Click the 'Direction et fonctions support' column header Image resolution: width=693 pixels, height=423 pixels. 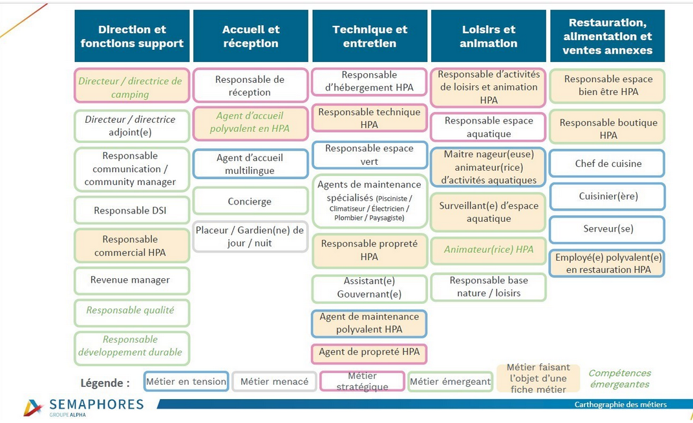(132, 36)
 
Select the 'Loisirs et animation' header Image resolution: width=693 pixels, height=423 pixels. (488, 36)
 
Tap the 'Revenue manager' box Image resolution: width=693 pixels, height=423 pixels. (132, 280)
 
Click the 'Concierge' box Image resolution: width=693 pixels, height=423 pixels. (250, 201)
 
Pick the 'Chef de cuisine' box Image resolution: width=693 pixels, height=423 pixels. (607, 164)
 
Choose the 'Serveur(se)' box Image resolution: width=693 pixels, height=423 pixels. (607, 229)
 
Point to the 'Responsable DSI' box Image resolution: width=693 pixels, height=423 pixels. (132, 210)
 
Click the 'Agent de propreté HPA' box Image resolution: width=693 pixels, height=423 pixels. (369, 353)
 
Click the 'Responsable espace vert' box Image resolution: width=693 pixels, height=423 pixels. (369, 155)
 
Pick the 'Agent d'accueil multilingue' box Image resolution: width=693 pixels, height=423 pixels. (250, 164)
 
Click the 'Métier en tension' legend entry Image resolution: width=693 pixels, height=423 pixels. (186, 381)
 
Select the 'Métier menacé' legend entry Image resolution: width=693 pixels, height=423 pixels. (274, 381)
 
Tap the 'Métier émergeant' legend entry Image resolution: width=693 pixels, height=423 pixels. (450, 381)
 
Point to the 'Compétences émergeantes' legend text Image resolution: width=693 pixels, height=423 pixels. (619, 379)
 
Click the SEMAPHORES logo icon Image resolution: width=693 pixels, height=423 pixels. (34, 408)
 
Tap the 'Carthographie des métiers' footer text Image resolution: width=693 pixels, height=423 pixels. (621, 404)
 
